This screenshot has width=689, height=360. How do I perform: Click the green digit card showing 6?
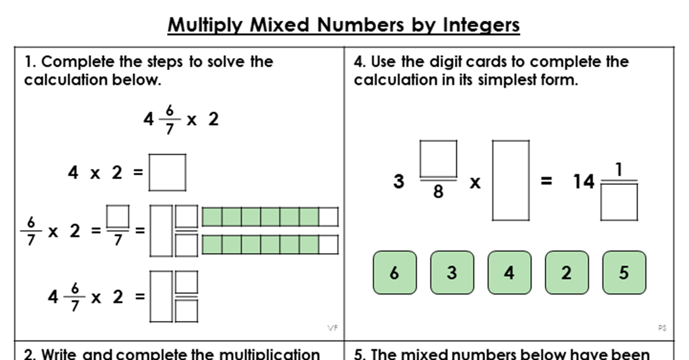[394, 272]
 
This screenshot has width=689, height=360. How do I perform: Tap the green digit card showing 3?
[451, 272]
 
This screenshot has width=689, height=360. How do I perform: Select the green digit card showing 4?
[509, 272]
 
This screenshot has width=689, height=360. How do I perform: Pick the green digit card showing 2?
[566, 272]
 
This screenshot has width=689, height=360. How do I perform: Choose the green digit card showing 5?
[624, 272]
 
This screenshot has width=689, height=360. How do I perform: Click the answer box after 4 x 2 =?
[167, 172]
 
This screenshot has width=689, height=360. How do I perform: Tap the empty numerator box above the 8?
[438, 159]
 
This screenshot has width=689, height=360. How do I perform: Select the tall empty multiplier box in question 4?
[510, 180]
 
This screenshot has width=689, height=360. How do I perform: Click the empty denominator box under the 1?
[619, 202]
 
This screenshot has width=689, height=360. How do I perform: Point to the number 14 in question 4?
[583, 182]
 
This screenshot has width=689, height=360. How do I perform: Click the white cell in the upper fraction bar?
[328, 217]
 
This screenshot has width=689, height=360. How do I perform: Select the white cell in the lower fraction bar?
[328, 244]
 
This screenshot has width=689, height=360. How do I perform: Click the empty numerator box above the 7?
[118, 216]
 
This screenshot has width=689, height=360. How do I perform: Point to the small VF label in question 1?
[332, 328]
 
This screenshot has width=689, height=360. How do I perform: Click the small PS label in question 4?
[661, 328]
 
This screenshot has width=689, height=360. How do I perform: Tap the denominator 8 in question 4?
[438, 192]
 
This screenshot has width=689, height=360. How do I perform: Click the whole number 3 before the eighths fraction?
[399, 182]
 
